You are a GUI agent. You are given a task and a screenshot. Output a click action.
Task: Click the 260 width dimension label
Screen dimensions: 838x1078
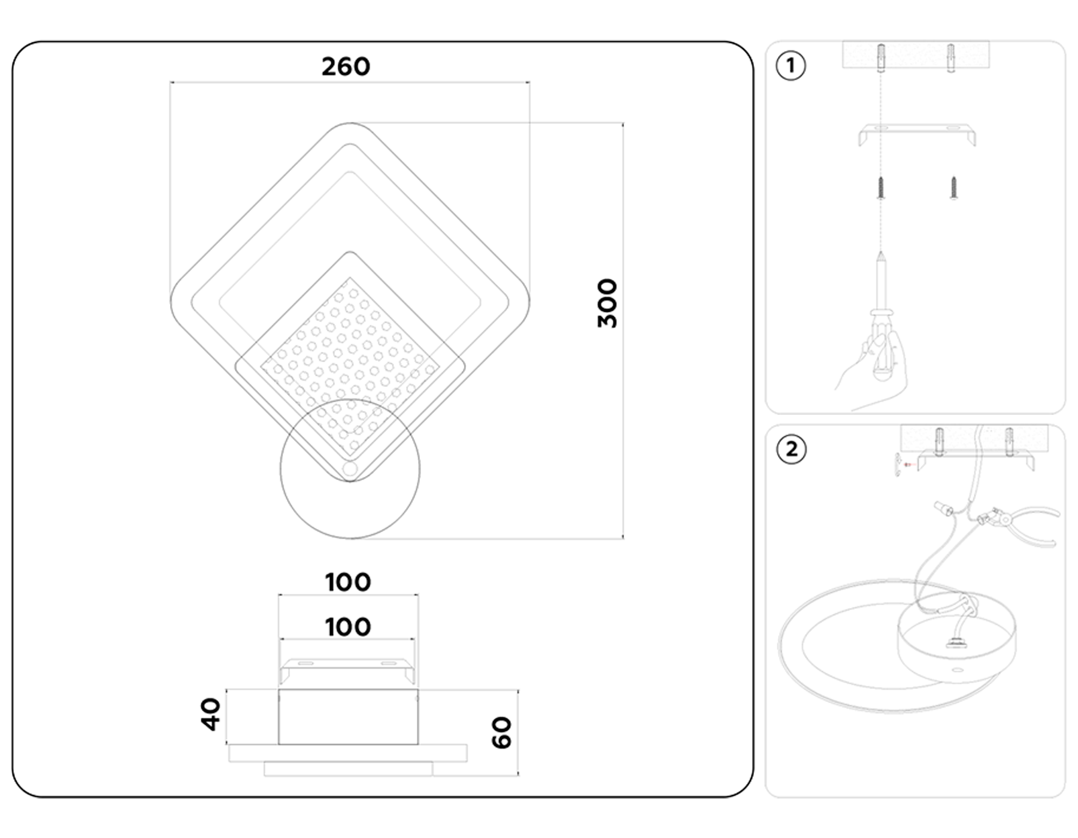click(x=346, y=66)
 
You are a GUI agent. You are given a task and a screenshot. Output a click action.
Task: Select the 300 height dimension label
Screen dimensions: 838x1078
click(x=607, y=303)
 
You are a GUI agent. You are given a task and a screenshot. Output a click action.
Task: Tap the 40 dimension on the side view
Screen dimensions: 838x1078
click(x=210, y=714)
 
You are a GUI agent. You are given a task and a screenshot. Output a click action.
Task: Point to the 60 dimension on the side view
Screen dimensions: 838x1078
click(x=501, y=733)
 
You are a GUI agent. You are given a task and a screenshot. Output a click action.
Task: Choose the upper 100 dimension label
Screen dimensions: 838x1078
click(x=348, y=582)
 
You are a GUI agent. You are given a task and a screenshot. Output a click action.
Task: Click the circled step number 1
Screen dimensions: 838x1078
click(x=791, y=65)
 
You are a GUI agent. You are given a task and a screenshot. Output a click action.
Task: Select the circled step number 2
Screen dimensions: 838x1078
click(x=791, y=449)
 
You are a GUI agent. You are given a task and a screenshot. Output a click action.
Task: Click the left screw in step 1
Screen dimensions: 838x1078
click(x=881, y=188)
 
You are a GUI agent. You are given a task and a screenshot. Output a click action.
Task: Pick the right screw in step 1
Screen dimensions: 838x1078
click(x=953, y=187)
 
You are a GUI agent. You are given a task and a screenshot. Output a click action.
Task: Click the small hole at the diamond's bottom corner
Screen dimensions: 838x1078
click(x=350, y=468)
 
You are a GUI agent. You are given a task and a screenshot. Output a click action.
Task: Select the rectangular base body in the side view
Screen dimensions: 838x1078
click(x=348, y=717)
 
